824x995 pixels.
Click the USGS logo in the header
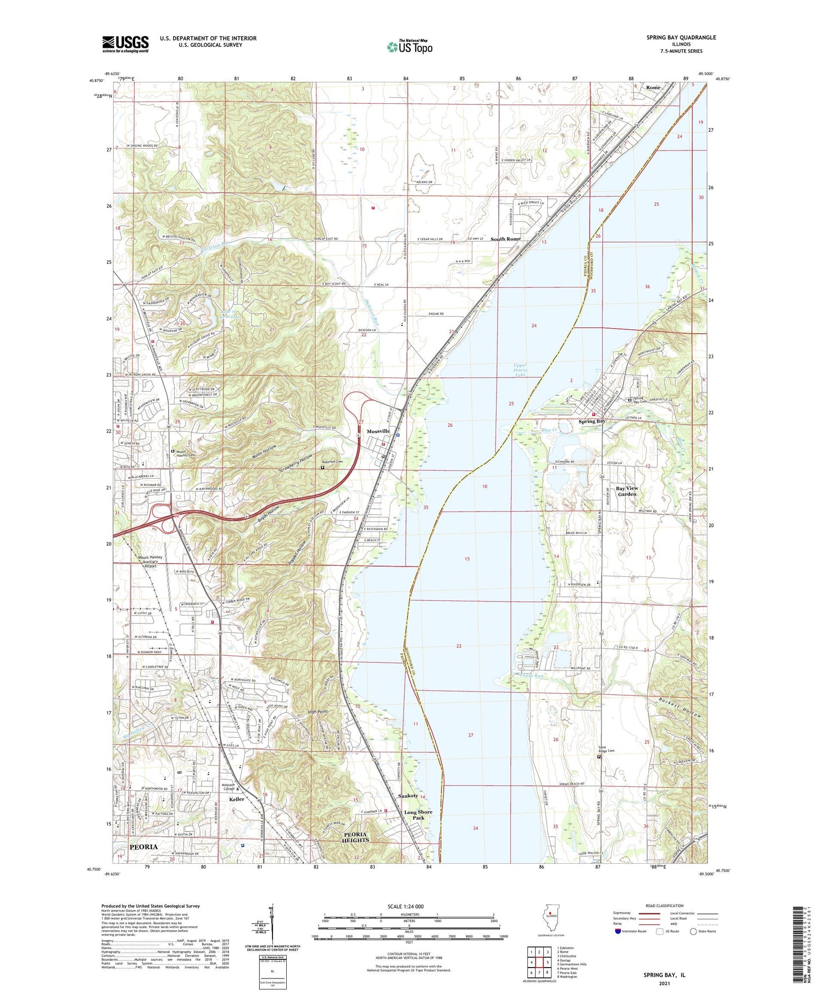125,44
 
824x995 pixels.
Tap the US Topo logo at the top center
409,47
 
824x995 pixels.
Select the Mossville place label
378,431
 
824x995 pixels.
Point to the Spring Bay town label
592,421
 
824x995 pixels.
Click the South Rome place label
505,239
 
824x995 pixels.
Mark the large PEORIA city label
143,847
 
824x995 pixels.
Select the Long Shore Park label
418,814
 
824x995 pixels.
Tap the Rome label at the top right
653,88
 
